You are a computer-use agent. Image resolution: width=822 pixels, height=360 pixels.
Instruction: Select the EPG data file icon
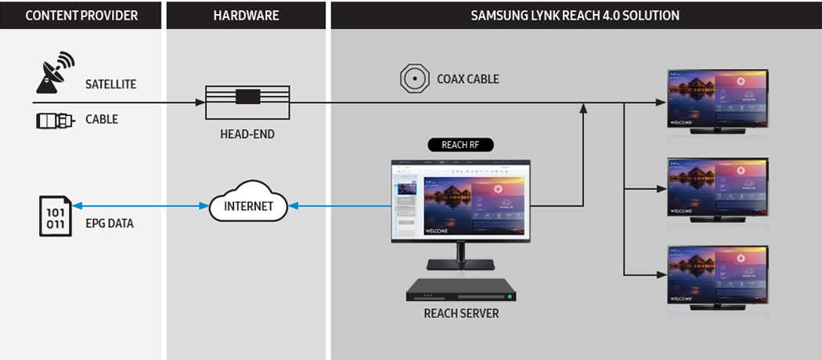point(56,217)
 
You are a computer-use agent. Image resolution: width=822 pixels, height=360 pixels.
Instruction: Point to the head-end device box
point(247,103)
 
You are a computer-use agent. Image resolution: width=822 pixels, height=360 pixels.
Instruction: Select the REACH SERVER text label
point(461,314)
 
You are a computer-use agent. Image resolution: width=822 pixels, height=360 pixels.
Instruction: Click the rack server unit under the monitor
point(462,290)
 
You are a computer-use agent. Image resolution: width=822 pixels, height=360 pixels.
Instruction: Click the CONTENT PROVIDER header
point(81,15)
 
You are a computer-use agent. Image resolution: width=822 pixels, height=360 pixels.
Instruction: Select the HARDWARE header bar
point(246,15)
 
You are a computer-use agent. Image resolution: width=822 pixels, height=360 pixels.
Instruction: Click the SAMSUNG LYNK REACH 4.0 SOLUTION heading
point(575,15)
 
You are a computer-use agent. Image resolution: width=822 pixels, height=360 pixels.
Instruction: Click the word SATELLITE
point(111,84)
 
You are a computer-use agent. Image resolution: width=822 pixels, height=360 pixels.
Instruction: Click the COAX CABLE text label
point(468,79)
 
